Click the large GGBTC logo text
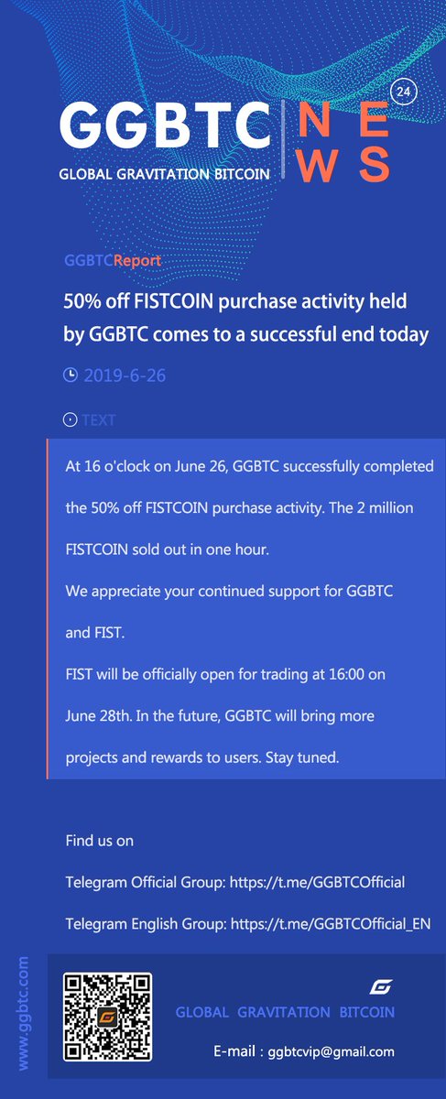click(x=164, y=126)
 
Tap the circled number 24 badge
click(x=401, y=92)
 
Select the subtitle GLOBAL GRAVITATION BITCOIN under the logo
click(x=165, y=173)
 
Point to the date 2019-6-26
click(x=125, y=375)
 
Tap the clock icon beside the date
click(x=71, y=375)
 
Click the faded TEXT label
click(x=99, y=420)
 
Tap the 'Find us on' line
click(x=99, y=840)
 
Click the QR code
click(x=107, y=1017)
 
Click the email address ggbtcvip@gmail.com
click(x=332, y=1051)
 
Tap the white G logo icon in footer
click(x=380, y=987)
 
